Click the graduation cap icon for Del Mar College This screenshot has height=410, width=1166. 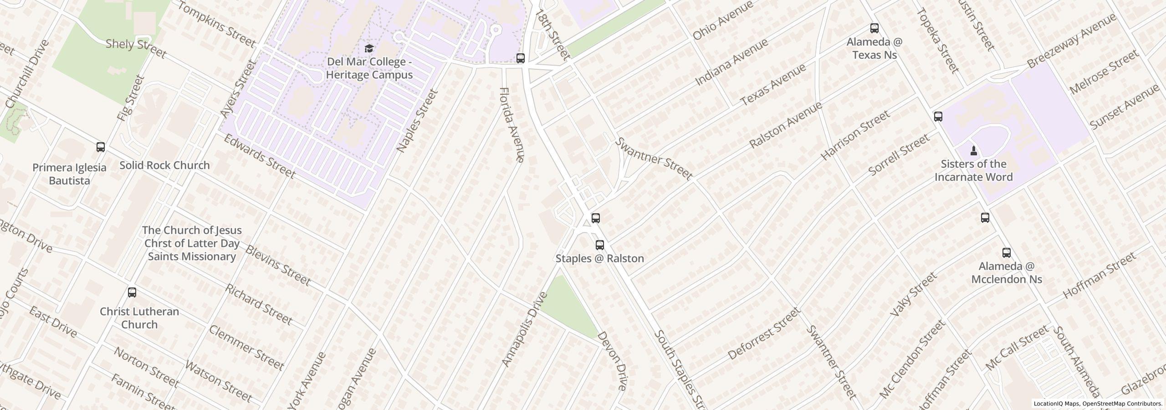point(369,48)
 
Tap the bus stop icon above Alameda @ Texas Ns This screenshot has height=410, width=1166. point(874,28)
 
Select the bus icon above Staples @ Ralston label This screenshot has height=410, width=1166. point(600,245)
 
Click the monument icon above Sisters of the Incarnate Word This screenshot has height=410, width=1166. point(973,150)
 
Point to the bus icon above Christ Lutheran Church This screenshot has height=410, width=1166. point(132,292)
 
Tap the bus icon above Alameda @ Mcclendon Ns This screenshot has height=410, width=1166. point(1007,253)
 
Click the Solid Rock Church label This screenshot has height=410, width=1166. point(164,165)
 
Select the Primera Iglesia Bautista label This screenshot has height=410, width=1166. point(70,174)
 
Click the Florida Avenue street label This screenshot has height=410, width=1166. point(512,124)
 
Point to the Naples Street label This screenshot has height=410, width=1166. point(417,121)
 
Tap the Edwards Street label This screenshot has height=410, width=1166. point(260,156)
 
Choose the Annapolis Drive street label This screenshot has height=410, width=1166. point(524,329)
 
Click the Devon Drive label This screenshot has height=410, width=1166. point(612,361)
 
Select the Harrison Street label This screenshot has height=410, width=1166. point(855,135)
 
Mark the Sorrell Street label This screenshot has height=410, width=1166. point(898,155)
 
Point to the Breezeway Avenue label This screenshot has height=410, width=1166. point(1071,41)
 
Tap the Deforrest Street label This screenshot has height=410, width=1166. point(764,333)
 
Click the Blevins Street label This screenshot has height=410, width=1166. point(278,266)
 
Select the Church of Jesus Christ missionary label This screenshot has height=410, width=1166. point(192,243)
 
